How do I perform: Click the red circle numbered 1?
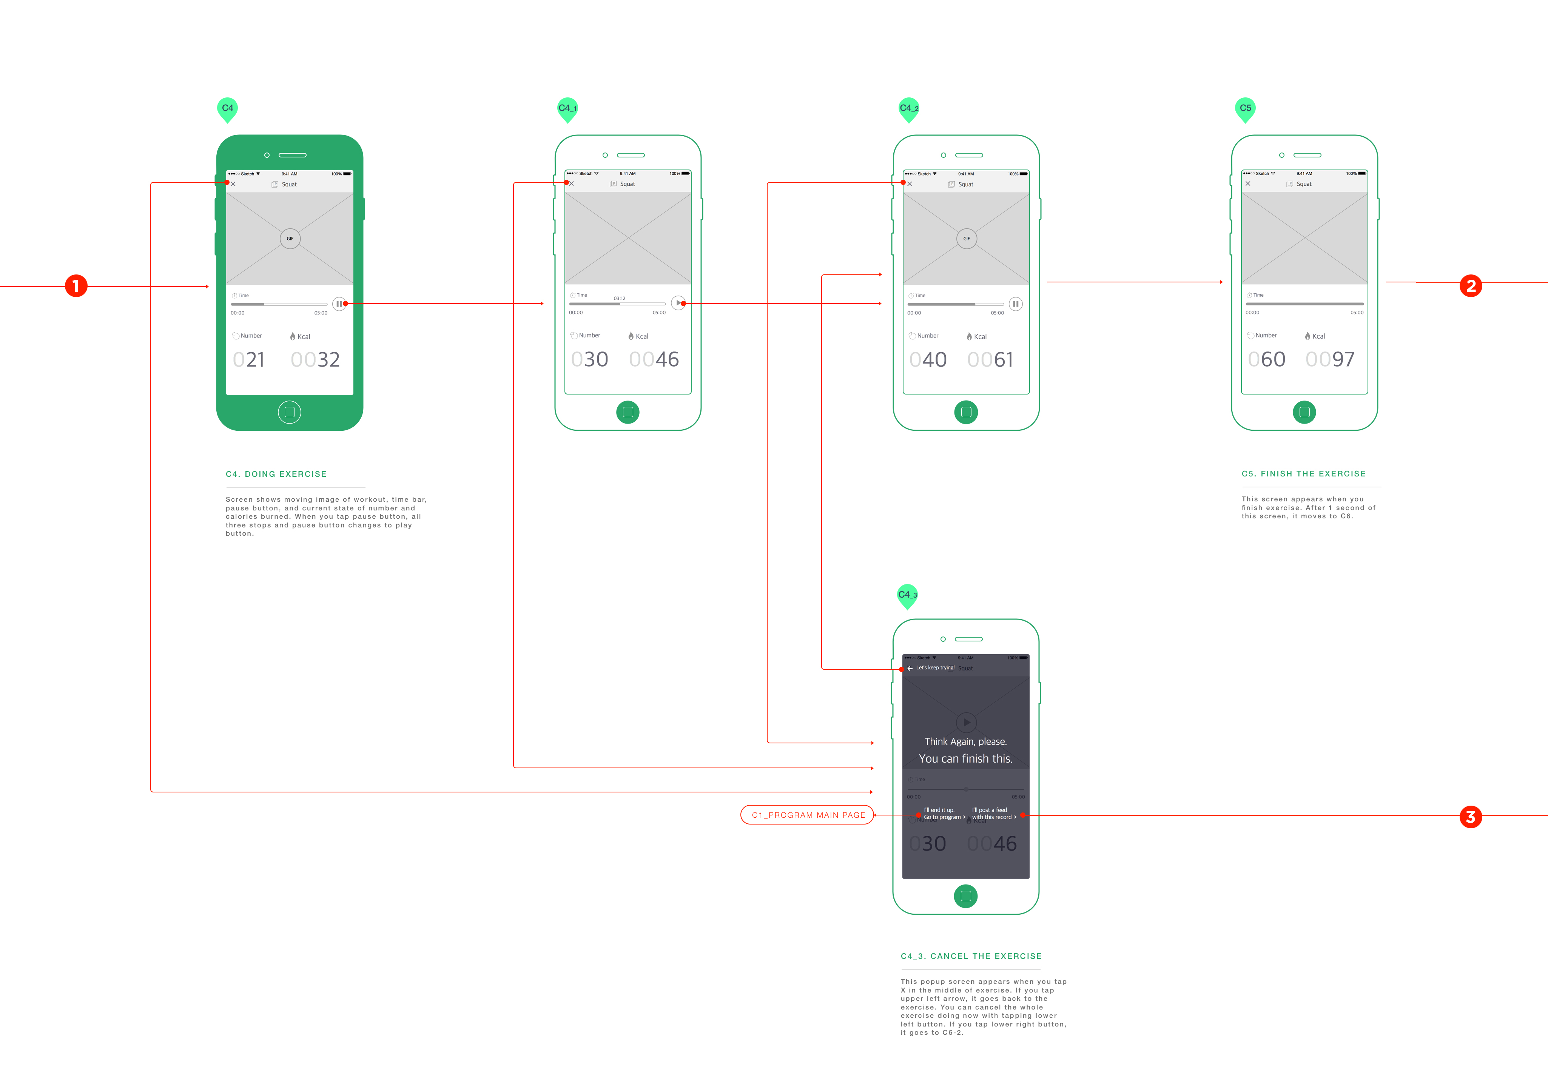pos(76,286)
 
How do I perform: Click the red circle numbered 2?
pos(1471,286)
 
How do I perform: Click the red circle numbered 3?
pos(1471,817)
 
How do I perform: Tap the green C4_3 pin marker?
pos(907,595)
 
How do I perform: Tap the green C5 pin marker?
pos(1245,109)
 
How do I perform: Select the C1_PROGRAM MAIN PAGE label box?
pos(807,815)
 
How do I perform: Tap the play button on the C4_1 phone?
pos(678,303)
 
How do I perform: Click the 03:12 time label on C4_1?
pos(619,298)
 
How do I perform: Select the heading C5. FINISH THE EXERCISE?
pos(1303,474)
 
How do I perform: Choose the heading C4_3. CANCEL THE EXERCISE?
pos(971,956)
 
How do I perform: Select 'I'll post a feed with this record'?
pos(993,814)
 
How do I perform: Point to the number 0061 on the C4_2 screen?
pos(990,360)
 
